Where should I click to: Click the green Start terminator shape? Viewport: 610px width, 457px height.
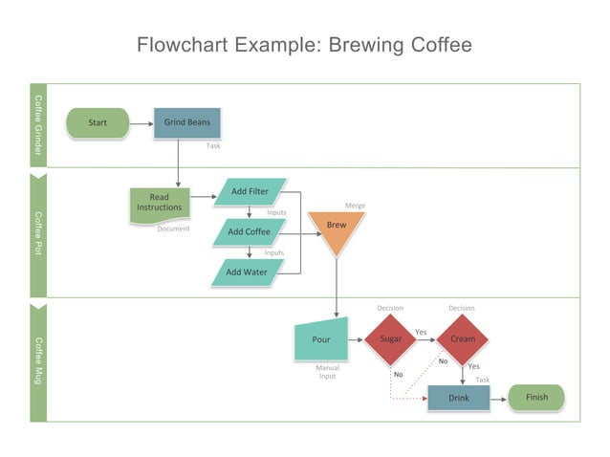coord(98,123)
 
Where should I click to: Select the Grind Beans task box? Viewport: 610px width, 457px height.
coord(186,123)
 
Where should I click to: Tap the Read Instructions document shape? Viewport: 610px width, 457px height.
coord(159,204)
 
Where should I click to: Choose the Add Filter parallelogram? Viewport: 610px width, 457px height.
coord(250,192)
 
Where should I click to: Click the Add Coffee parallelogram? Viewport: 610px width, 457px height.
coord(250,232)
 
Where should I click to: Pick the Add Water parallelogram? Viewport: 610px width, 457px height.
coord(247,272)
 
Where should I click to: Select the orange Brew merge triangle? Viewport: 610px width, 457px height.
coord(337,228)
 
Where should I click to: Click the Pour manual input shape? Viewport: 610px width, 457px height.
coord(321,340)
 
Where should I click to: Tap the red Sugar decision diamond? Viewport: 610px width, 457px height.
coord(390,339)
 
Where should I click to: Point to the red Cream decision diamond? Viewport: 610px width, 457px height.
coord(462,339)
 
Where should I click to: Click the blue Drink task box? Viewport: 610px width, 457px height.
coord(459,398)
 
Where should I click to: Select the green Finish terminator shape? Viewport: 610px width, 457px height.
coord(536,398)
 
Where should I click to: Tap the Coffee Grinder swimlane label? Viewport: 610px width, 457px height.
coord(38,125)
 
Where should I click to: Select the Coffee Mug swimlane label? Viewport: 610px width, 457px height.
coord(38,361)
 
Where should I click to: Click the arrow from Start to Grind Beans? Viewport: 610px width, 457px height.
coord(142,123)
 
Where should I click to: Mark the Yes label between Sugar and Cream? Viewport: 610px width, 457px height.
coord(421,332)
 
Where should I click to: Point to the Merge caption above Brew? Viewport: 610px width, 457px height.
coord(355,206)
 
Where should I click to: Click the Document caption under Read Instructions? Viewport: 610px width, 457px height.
coord(173,229)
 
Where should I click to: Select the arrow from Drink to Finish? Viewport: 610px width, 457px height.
coord(498,398)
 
